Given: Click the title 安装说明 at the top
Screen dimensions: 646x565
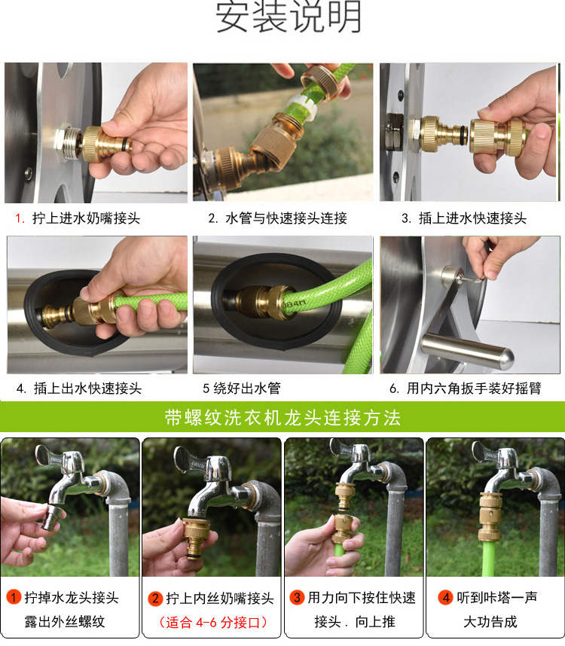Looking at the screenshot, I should tap(289, 18).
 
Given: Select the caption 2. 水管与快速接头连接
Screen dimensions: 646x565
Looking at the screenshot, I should tap(277, 219).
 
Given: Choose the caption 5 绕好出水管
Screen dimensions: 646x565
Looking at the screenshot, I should tap(241, 389).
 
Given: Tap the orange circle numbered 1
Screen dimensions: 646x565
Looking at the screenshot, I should tap(14, 598).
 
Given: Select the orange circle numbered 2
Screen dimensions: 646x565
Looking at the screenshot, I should tap(155, 599).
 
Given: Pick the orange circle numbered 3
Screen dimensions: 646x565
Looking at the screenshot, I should tap(297, 598).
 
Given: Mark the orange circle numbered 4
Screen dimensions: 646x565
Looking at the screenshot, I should tap(446, 598).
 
